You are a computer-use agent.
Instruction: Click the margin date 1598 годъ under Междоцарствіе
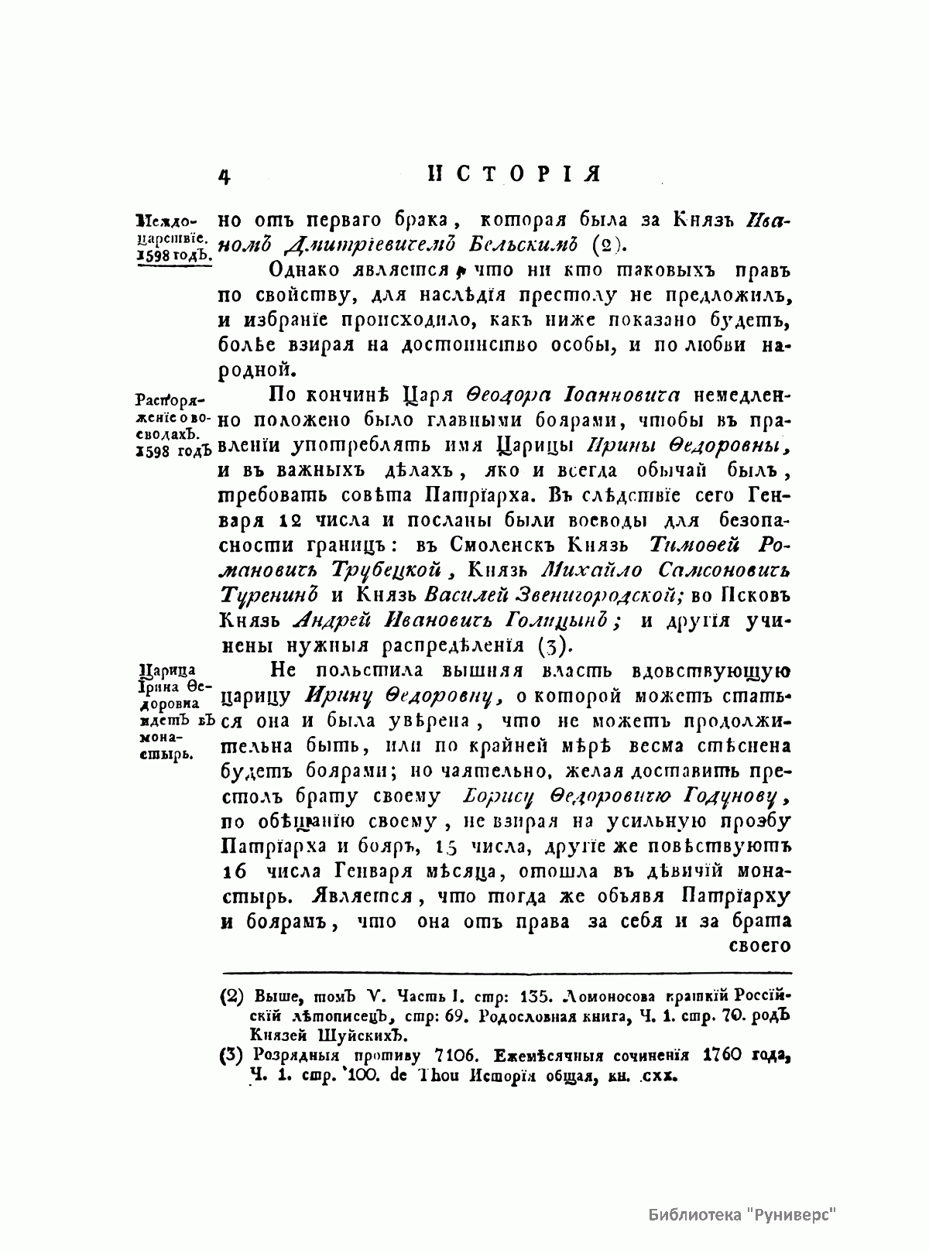[173, 255]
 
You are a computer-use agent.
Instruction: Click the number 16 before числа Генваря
[233, 871]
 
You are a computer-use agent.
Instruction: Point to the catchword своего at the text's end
[759, 946]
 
